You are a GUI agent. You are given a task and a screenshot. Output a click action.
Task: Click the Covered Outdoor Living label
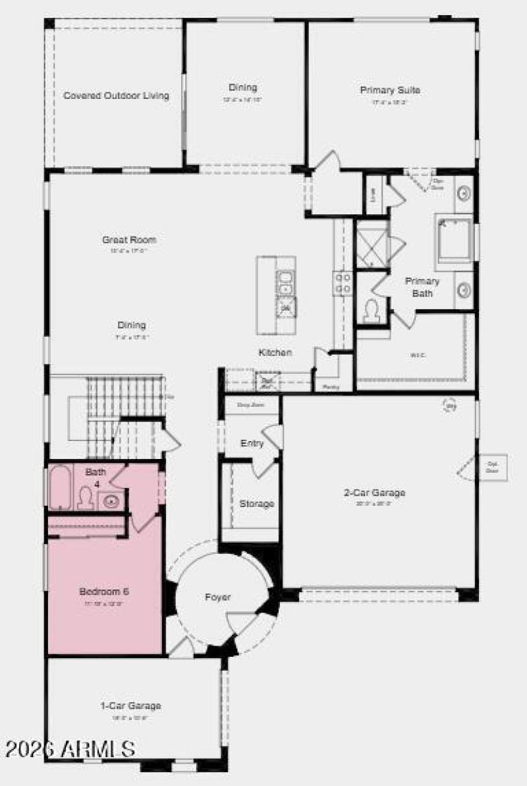tap(116, 96)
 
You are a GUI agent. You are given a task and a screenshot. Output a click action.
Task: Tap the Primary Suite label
tap(390, 90)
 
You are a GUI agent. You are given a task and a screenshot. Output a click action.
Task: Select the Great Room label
tap(129, 240)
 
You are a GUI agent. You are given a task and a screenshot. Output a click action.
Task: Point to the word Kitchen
tap(275, 353)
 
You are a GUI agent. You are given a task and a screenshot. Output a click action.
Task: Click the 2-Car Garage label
tap(374, 493)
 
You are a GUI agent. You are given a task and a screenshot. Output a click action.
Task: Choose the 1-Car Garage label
tap(130, 706)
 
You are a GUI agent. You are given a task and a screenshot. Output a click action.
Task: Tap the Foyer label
tap(217, 597)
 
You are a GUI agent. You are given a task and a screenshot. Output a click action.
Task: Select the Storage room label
tap(256, 504)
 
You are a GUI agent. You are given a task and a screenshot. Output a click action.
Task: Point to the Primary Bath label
tap(422, 286)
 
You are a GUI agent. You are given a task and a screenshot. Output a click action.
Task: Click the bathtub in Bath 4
tap(61, 488)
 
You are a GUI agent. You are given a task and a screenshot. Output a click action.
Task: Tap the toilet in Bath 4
tap(85, 499)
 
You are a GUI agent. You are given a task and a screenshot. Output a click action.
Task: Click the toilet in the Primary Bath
tap(372, 310)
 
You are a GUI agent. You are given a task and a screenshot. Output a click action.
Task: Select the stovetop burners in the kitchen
tap(343, 283)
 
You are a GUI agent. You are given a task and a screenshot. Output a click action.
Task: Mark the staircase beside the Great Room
tap(125, 409)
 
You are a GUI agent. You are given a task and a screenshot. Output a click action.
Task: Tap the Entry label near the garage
tap(252, 443)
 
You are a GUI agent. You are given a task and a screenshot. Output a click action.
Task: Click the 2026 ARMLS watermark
tap(69, 749)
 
